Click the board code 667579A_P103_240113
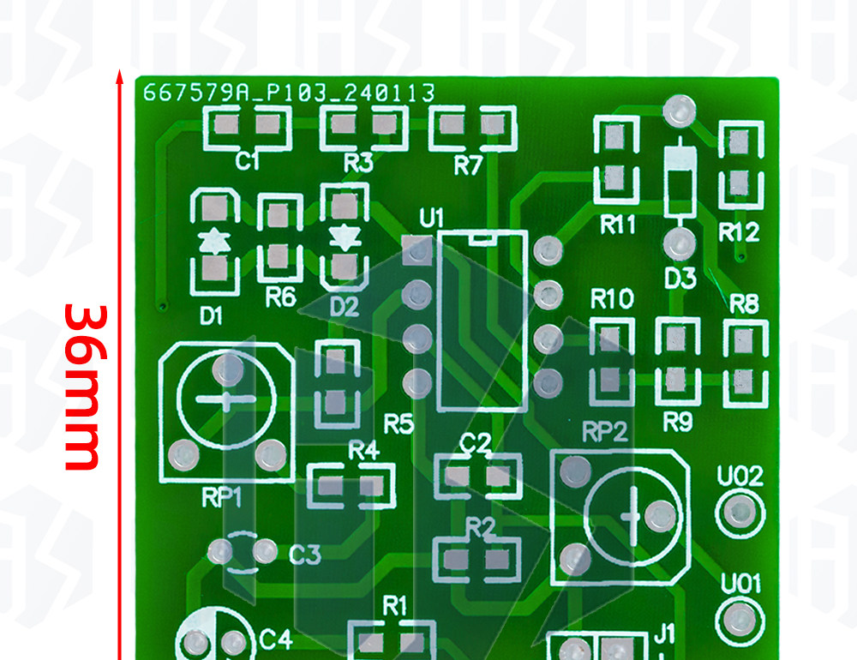pos(289,93)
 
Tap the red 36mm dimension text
pos(84,387)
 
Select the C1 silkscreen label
pos(247,161)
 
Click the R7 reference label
pos(469,165)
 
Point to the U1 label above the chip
pos(431,219)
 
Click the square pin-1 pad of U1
pos(417,250)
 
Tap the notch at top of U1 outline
pos(482,237)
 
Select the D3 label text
pos(680,279)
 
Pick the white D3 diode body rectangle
pos(680,182)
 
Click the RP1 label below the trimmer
pos(221,497)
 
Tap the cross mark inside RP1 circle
pos(226,399)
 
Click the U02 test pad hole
pos(740,513)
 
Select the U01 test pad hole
pos(740,621)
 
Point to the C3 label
pos(304,555)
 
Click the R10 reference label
pos(612,299)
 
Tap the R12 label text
pos(739,232)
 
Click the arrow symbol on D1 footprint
pos(214,241)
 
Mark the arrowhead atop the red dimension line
pos(120,77)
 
